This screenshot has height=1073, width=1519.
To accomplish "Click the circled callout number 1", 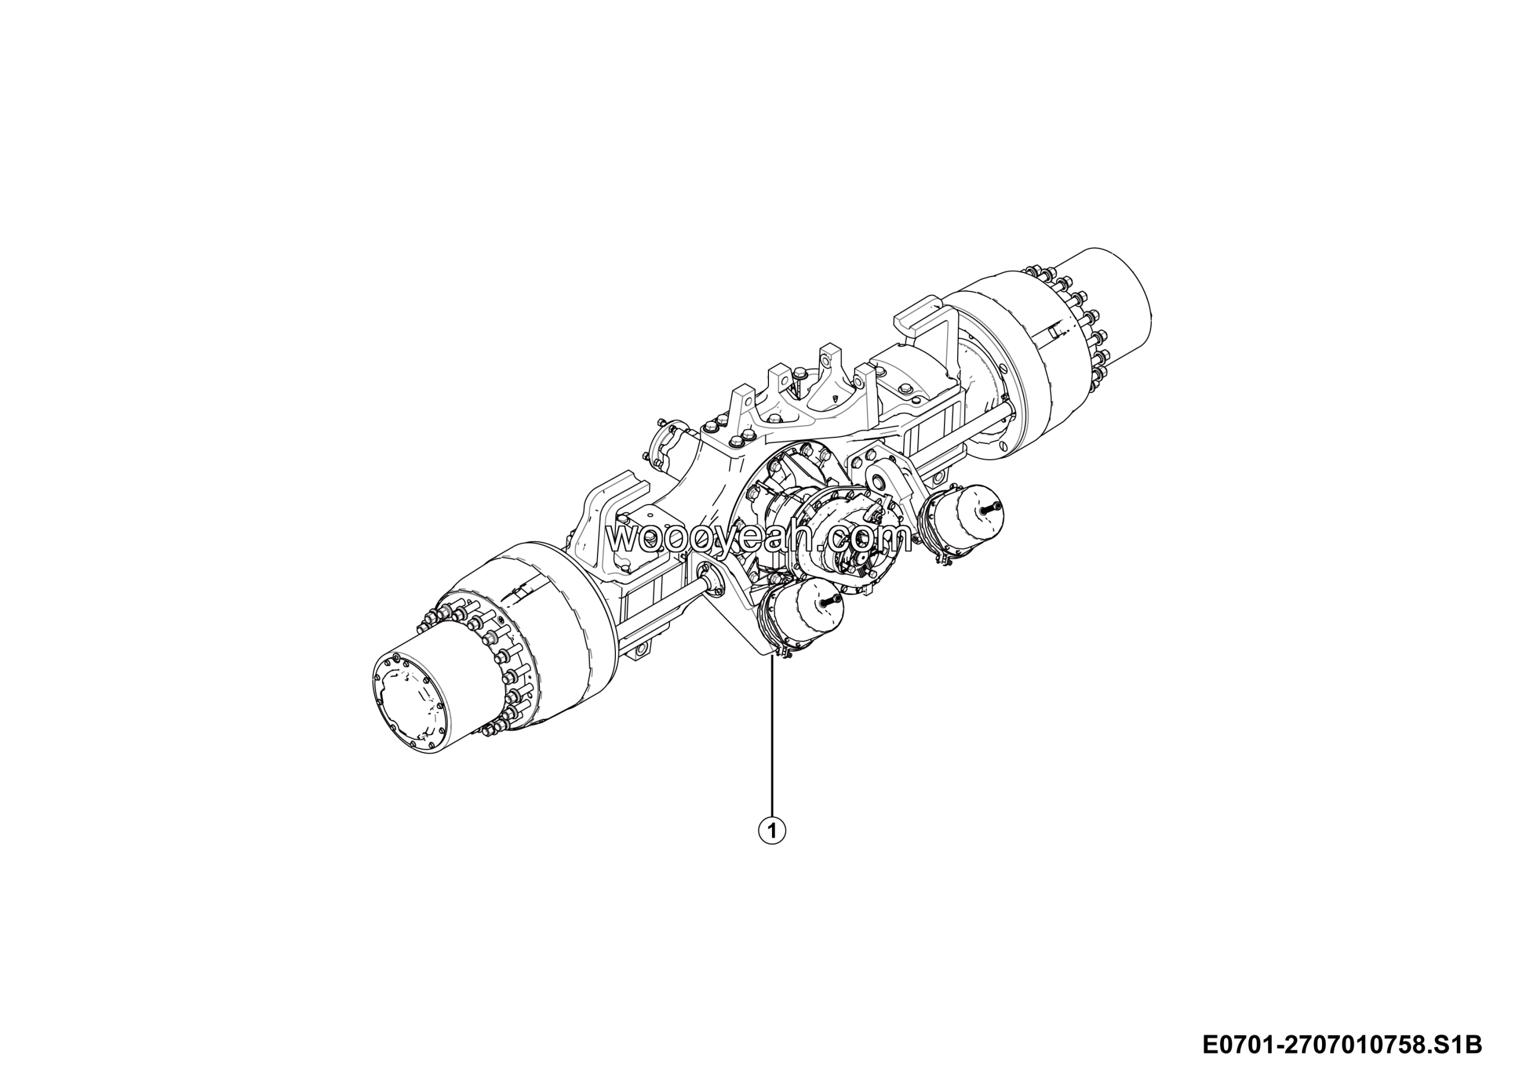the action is point(772,830).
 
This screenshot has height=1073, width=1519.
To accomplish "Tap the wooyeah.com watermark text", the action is point(759,538).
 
